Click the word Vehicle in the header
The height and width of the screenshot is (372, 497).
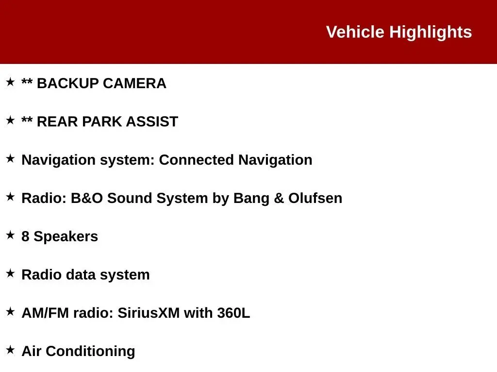pyautogui.click(x=355, y=32)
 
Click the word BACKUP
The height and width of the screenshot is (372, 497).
pyautogui.click(x=68, y=83)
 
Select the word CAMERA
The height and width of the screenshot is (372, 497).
pyautogui.click(x=134, y=83)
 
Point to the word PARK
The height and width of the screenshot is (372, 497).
pyautogui.click(x=102, y=122)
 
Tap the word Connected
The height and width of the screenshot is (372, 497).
pyautogui.click(x=196, y=160)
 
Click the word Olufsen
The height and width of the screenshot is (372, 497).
pyautogui.click(x=315, y=198)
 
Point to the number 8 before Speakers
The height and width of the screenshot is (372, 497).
pyautogui.click(x=25, y=236)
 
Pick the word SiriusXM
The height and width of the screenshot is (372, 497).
pyautogui.click(x=149, y=313)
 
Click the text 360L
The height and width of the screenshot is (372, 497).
pyautogui.click(x=233, y=313)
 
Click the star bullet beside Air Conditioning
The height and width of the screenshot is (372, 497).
pyautogui.click(x=11, y=350)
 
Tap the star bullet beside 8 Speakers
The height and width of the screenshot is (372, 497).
pyautogui.click(x=11, y=235)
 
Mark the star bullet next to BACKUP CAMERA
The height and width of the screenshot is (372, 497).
pyautogui.click(x=11, y=81)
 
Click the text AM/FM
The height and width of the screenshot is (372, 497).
pyautogui.click(x=45, y=313)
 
